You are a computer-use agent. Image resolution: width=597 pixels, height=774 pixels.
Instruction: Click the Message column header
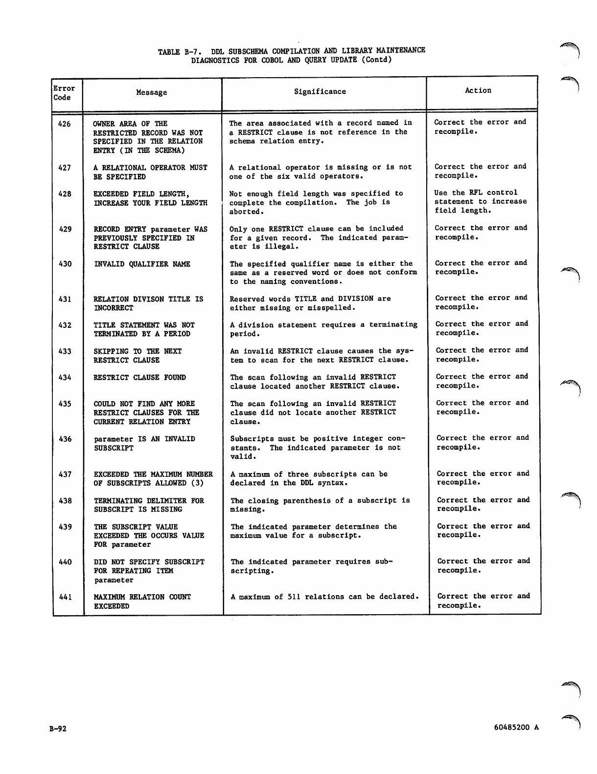pos(152,92)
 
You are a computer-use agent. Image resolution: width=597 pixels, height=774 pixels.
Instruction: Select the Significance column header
pos(320,91)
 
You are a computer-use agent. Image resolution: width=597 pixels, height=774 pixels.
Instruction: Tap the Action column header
pos(478,90)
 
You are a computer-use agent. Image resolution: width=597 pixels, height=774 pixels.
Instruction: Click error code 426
pos(65,124)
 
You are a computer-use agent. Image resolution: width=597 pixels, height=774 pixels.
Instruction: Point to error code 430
pos(65,264)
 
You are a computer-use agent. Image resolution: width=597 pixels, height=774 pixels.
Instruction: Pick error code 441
pos(66,597)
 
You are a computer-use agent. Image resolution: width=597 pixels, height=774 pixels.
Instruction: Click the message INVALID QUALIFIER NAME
pos(142,264)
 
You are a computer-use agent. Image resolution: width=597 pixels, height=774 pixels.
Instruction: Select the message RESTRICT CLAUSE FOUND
pos(140,377)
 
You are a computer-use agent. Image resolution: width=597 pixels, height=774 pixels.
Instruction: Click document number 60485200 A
pos(516,727)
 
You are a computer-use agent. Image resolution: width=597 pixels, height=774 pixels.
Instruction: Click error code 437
pos(65,474)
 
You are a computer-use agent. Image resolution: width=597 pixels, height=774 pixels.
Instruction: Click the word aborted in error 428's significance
pos(246,212)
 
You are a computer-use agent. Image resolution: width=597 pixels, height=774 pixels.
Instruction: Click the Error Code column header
pos(64,93)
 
